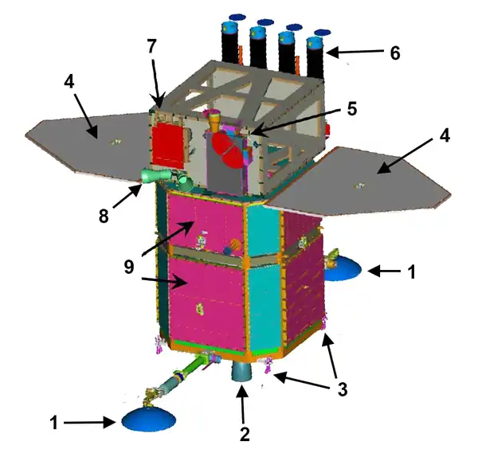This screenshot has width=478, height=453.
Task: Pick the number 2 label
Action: [245, 434]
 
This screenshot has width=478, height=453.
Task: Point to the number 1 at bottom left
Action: [55, 424]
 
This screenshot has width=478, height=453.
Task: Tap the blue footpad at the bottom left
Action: [150, 418]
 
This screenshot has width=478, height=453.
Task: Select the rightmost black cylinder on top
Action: [316, 56]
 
